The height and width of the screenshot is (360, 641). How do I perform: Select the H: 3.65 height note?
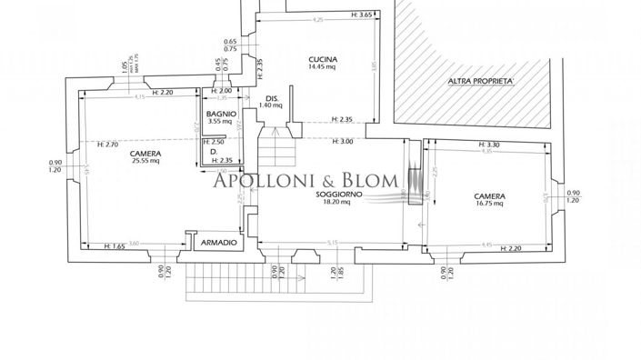[361, 15]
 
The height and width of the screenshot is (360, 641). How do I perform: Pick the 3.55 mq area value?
[219, 121]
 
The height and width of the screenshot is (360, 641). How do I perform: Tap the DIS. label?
[270, 97]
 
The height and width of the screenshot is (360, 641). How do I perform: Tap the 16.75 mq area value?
[489, 205]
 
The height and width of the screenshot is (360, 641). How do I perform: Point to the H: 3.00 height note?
[342, 141]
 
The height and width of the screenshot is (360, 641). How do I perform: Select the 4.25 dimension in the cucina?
[316, 19]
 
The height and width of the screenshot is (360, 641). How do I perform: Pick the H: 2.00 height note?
[221, 91]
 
